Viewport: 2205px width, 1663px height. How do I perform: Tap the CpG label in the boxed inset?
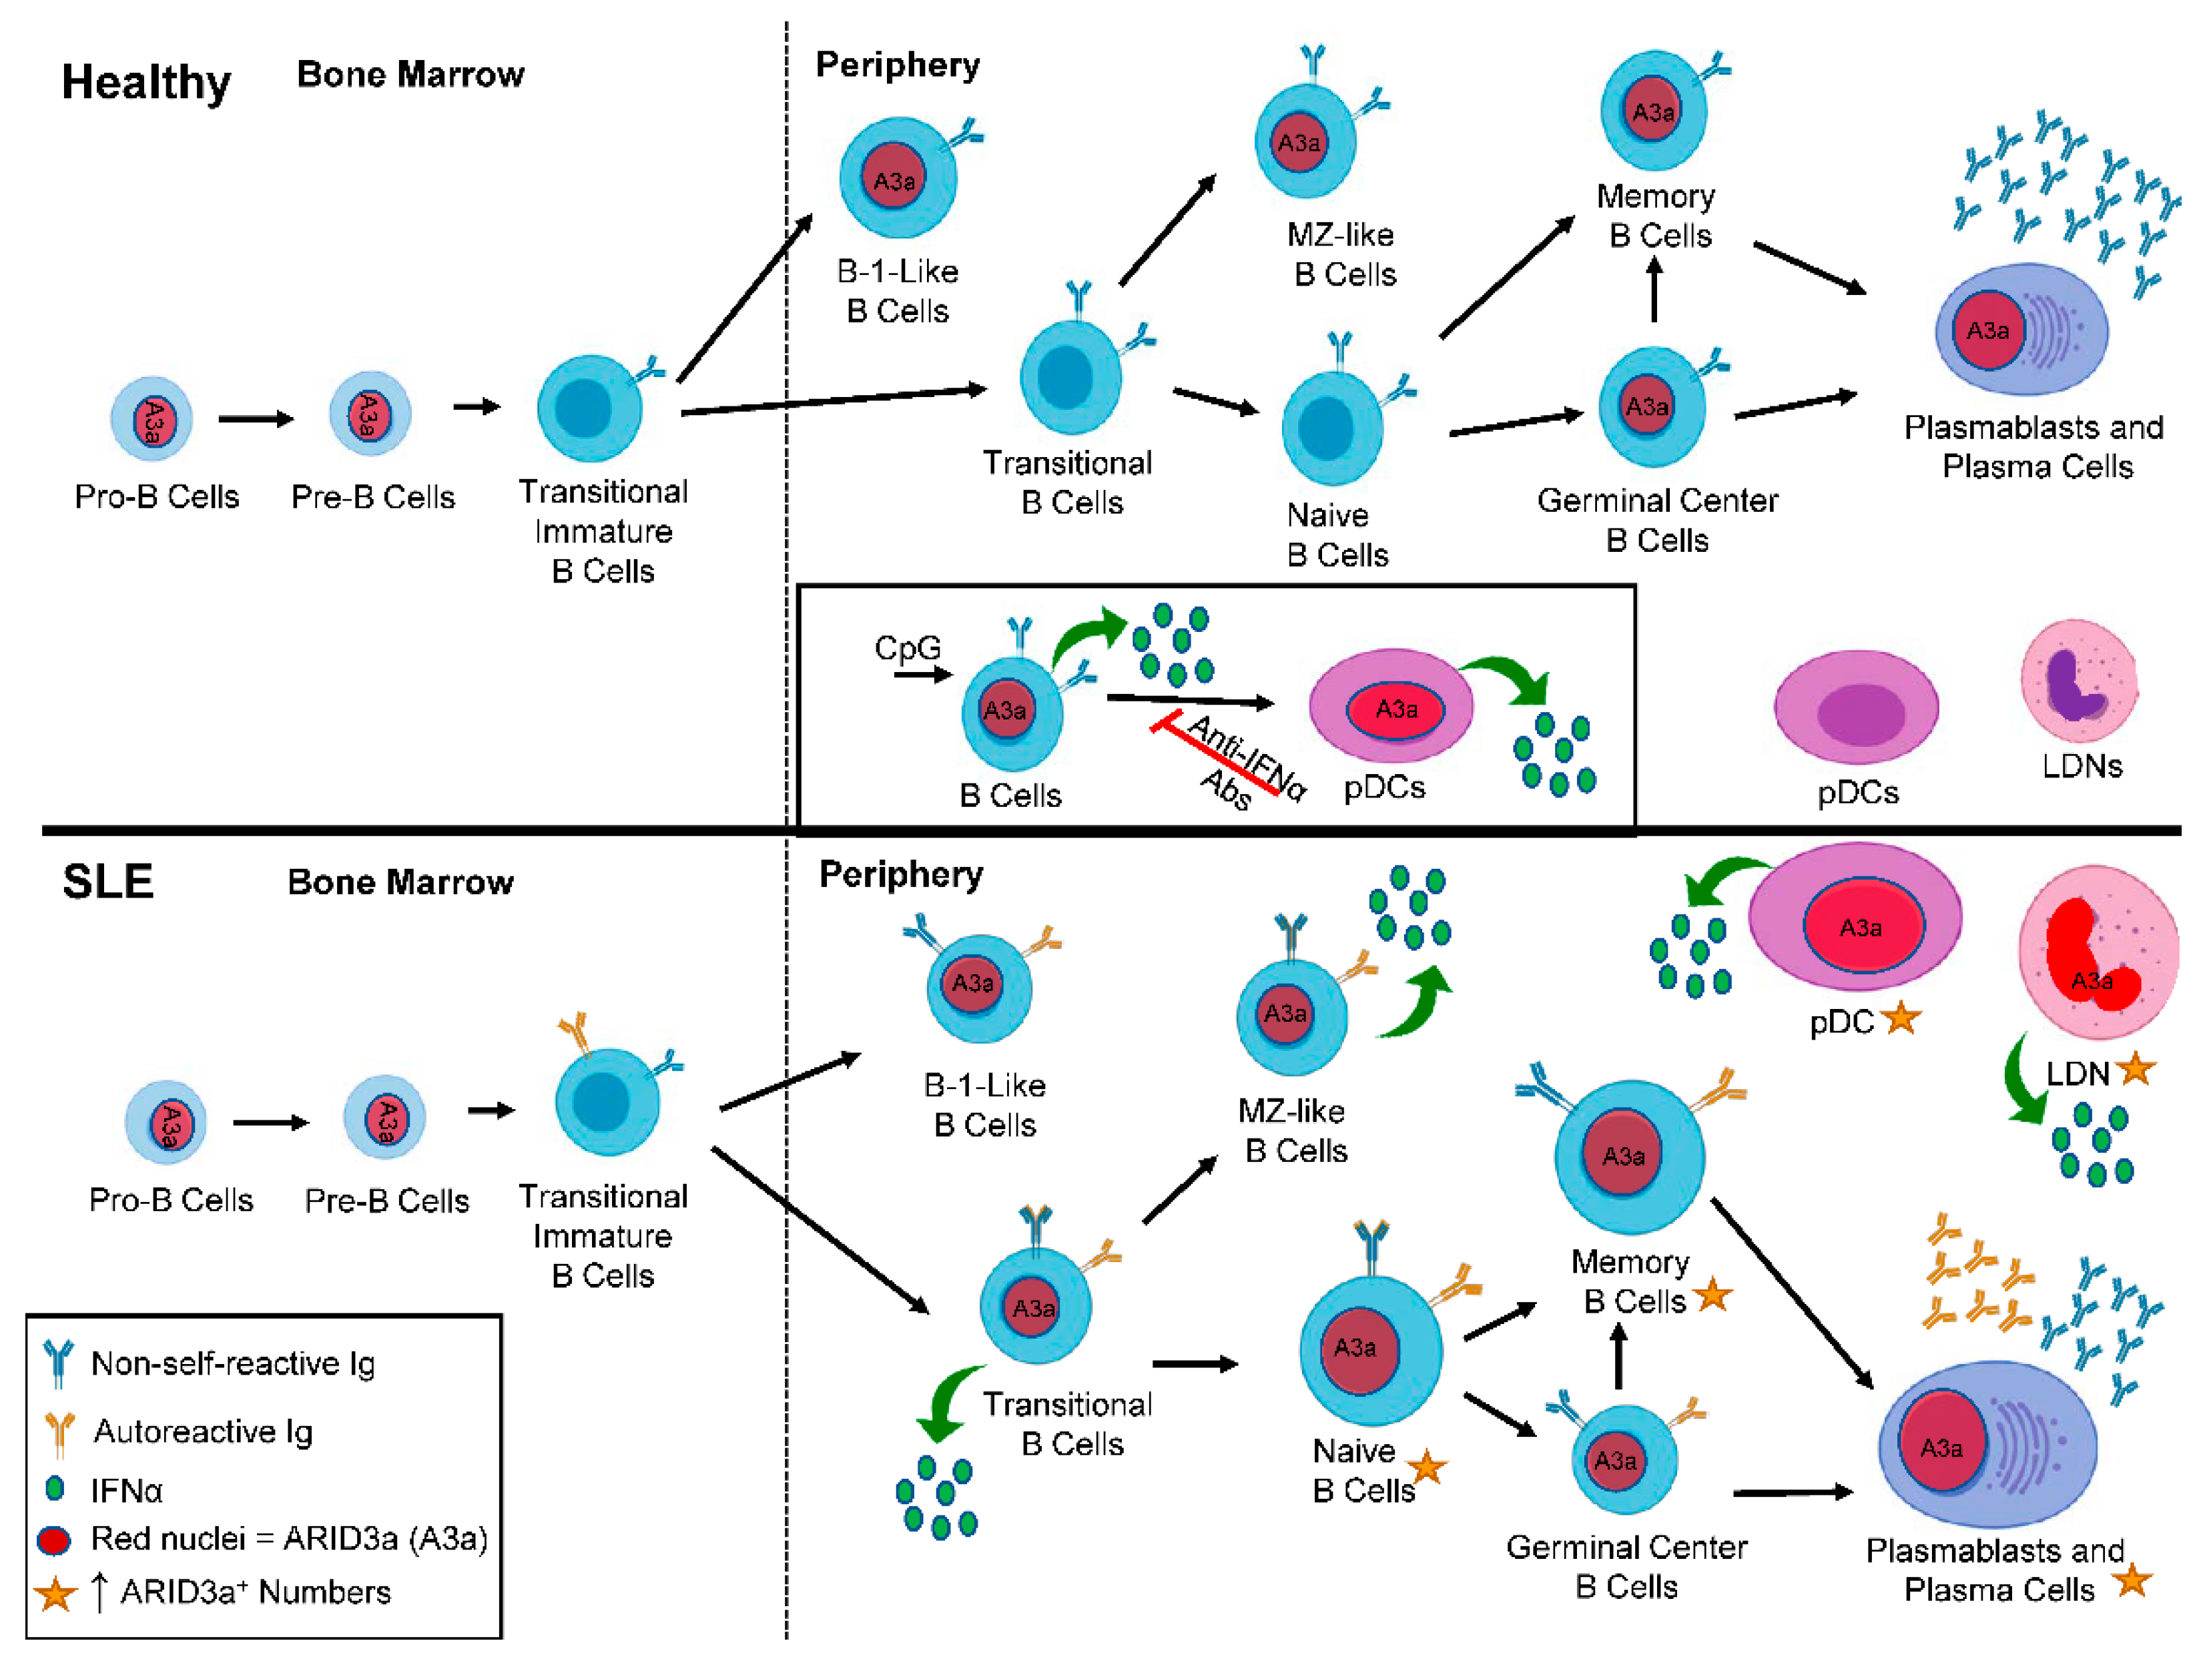(907, 648)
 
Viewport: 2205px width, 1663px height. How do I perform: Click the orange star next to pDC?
(1901, 1019)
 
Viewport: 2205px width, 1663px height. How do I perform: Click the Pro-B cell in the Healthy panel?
(151, 418)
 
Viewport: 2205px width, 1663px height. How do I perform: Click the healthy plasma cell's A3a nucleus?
(1987, 331)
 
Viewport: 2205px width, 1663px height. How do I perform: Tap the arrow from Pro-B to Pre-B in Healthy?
(256, 418)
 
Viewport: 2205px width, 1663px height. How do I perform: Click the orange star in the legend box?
(55, 1592)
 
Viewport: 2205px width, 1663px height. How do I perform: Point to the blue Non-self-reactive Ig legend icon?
(58, 1363)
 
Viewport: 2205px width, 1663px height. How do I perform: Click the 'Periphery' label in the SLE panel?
(901, 874)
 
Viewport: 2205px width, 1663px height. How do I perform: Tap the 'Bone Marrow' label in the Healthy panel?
(410, 75)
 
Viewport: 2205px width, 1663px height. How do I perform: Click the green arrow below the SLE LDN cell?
(2023, 1082)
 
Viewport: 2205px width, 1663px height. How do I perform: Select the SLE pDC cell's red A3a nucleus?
(1862, 927)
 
